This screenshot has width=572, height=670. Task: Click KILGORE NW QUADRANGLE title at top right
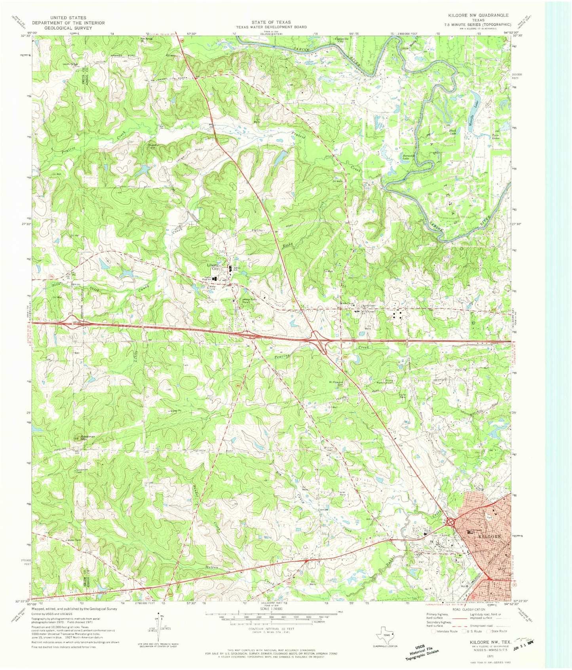tap(478, 15)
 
